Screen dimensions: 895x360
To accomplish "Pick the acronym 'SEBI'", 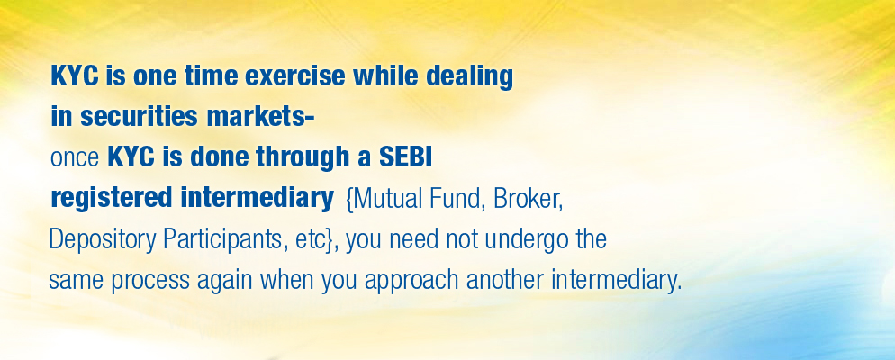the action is [x=405, y=157].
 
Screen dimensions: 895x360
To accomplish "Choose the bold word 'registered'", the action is [x=112, y=199].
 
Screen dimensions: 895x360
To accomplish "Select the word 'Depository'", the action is [x=102, y=240].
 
